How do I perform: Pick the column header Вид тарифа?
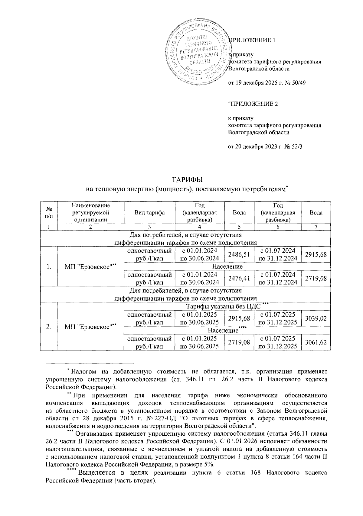coord(149,212)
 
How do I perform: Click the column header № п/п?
coord(49,212)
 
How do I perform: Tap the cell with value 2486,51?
coord(239,255)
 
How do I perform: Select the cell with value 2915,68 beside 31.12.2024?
coord(316,255)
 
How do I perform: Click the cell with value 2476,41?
coord(239,278)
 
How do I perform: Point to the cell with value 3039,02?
coord(316,318)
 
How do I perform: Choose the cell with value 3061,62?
coord(316,342)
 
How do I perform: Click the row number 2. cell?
coord(49,326)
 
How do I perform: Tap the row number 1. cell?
coord(49,266)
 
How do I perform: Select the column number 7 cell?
coord(316,227)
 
